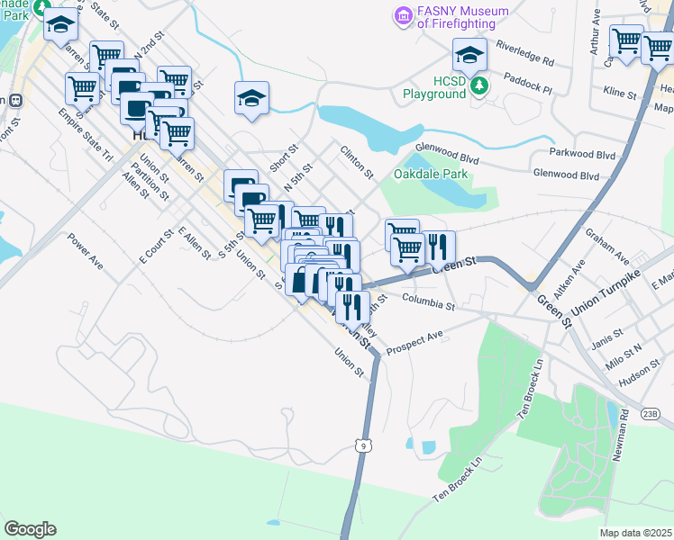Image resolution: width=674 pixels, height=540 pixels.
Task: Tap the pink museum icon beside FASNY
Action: click(x=403, y=15)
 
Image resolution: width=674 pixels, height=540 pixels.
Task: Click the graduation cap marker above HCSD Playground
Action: click(x=469, y=56)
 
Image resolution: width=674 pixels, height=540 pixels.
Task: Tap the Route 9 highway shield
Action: click(x=362, y=445)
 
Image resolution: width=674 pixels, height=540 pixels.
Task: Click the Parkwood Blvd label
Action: click(x=586, y=155)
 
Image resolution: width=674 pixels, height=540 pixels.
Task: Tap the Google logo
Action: click(x=30, y=529)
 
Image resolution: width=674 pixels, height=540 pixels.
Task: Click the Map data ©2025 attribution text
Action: click(x=636, y=533)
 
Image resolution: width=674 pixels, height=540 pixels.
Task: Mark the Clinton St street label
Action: click(x=357, y=161)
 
